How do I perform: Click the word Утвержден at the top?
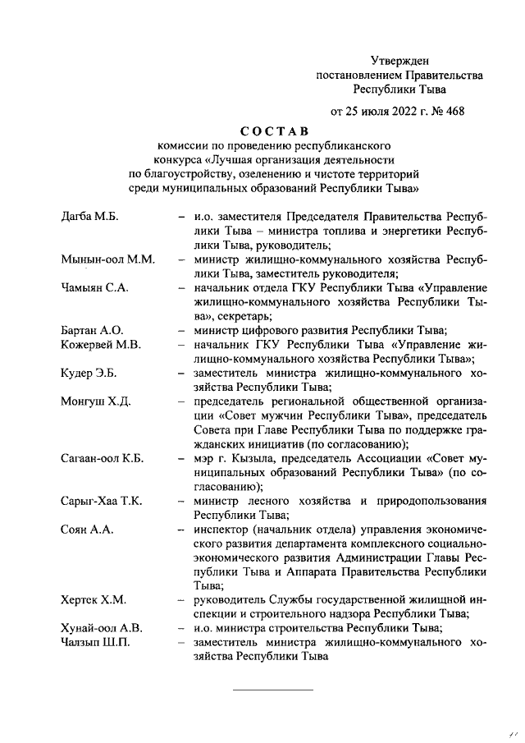point(400,60)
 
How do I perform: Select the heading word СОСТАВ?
point(274,130)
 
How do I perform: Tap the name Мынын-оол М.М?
point(107,260)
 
